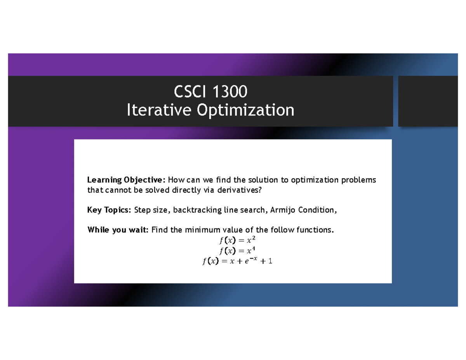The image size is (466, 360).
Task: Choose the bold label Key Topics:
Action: (x=110, y=210)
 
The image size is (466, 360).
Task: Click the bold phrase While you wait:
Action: (x=118, y=230)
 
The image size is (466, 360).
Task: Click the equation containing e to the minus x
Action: (x=237, y=261)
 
